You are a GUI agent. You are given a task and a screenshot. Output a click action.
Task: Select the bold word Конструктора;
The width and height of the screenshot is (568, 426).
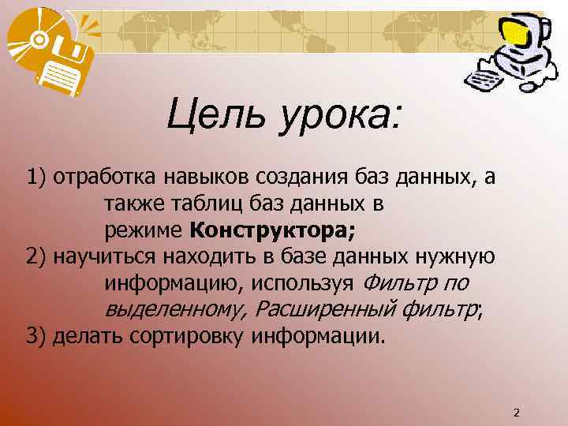point(273,231)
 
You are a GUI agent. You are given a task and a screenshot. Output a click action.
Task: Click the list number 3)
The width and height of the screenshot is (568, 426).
point(37,337)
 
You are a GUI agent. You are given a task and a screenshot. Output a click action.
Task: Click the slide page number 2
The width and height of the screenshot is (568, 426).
point(517,413)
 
